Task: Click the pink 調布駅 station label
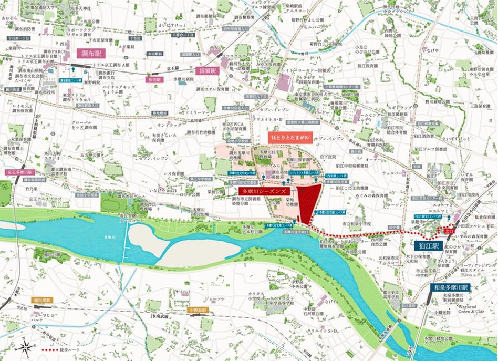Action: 91,53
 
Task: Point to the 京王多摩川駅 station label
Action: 19,172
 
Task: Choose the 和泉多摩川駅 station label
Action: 450,288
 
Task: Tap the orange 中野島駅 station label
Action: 198,311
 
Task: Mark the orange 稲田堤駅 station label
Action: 41,301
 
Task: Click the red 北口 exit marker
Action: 449,230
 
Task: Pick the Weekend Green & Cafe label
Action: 461,309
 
